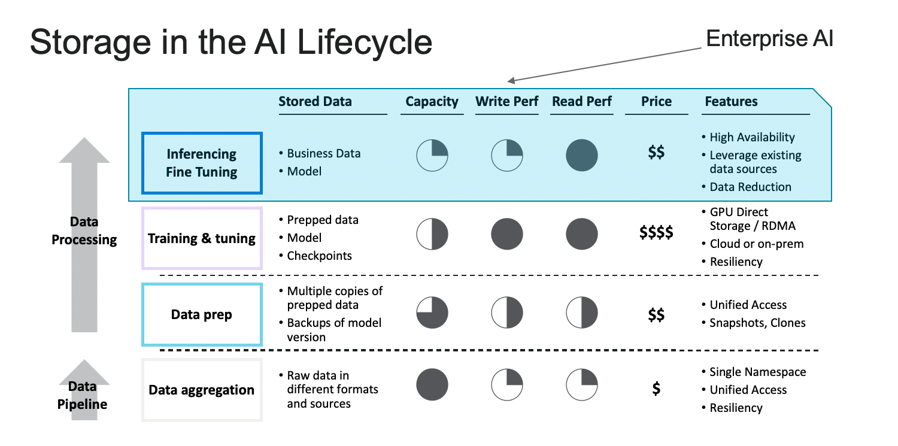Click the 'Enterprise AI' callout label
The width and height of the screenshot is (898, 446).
coord(769,39)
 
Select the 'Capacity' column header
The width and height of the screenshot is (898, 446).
coord(432,102)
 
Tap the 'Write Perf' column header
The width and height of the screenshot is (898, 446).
coord(506,101)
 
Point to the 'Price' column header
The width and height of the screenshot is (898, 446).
coord(656,101)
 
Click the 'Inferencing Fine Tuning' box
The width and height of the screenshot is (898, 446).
coord(202,163)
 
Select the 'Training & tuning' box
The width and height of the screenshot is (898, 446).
coord(202,238)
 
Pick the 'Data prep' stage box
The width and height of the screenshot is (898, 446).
coord(202,314)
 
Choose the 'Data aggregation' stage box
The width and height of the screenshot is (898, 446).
coord(202,390)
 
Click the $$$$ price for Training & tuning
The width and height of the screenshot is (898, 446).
coord(656,232)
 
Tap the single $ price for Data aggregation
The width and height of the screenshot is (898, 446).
coord(656,389)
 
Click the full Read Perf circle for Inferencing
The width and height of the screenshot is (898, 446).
coord(582,156)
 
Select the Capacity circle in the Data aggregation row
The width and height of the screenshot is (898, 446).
coord(432,385)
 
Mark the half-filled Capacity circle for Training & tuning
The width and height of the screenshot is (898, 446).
coord(432,234)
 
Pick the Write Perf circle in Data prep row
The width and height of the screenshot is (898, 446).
coord(507,312)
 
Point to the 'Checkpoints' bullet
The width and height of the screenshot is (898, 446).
coord(315,256)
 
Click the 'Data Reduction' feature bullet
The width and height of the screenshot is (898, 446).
coord(747,187)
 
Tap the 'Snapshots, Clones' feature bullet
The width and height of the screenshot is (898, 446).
coord(754,323)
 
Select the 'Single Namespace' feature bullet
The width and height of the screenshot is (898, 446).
coord(754,372)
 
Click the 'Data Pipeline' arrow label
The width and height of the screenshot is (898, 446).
coord(82,395)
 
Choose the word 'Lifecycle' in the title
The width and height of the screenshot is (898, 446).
coord(365,42)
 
